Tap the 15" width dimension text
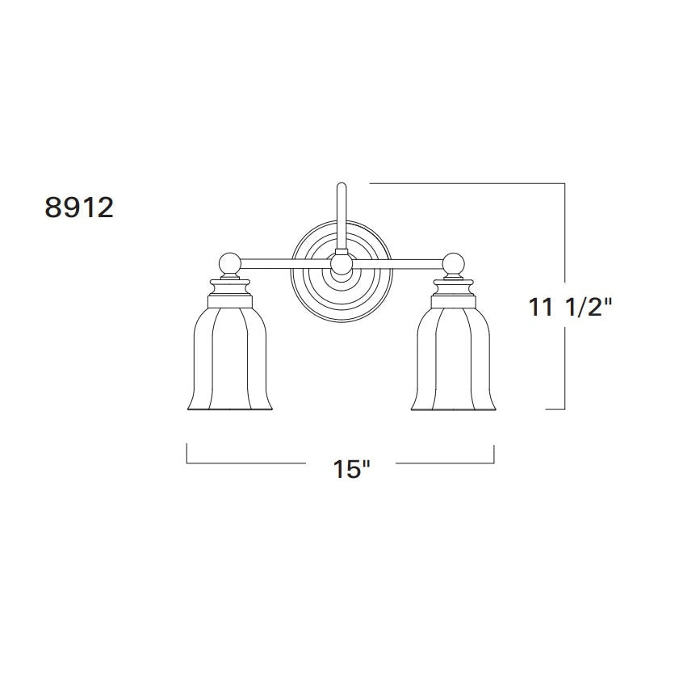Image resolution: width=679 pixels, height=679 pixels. pyautogui.click(x=352, y=469)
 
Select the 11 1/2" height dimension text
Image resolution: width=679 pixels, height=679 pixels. pyautogui.click(x=570, y=307)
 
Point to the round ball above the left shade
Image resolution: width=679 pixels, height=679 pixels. pyautogui.click(x=230, y=264)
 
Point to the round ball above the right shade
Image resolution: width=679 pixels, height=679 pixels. pyautogui.click(x=454, y=264)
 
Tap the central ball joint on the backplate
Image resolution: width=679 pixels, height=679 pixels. pyautogui.click(x=342, y=264)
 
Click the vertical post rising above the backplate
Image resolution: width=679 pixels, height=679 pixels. pyautogui.click(x=342, y=216)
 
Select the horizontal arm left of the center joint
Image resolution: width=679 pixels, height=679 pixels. pyautogui.click(x=286, y=264)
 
